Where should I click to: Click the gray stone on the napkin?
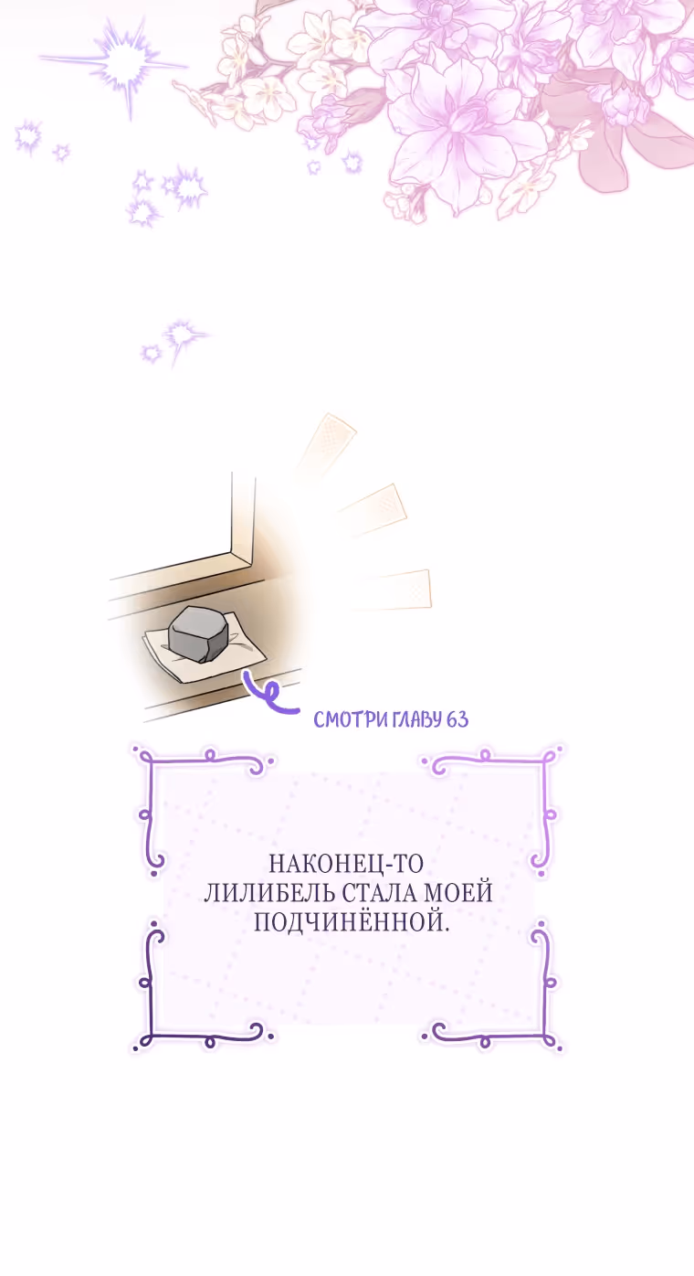[x=198, y=633]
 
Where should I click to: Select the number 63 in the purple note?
[x=457, y=719]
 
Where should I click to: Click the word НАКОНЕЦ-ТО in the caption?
[x=346, y=864]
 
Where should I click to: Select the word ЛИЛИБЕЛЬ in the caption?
[x=270, y=893]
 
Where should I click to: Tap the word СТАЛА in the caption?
[x=382, y=893]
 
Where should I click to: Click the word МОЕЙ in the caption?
[x=459, y=893]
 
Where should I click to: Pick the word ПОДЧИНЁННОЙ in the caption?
[x=352, y=921]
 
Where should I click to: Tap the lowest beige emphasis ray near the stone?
[x=393, y=590]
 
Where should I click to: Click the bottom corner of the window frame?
[x=251, y=564]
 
